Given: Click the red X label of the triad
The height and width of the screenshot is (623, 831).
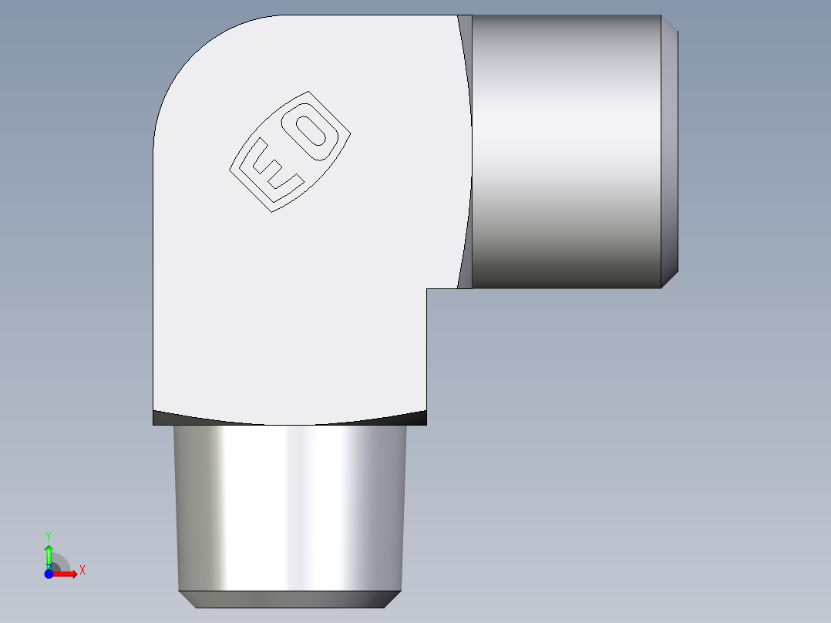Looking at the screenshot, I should tap(82, 570).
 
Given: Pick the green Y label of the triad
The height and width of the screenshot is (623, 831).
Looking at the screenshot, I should tap(49, 534).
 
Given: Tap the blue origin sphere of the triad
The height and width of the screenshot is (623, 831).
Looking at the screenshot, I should tap(49, 574).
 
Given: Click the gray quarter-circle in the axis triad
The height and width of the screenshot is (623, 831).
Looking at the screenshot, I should tap(60, 564).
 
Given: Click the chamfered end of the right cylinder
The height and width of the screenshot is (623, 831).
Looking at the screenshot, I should tap(670, 152).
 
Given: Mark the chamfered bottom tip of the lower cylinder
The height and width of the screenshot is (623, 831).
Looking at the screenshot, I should tap(290, 599).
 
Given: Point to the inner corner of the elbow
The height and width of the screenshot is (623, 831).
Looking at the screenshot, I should tap(427, 289).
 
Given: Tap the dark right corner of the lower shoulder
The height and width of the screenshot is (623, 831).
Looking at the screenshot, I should tap(416, 418).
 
